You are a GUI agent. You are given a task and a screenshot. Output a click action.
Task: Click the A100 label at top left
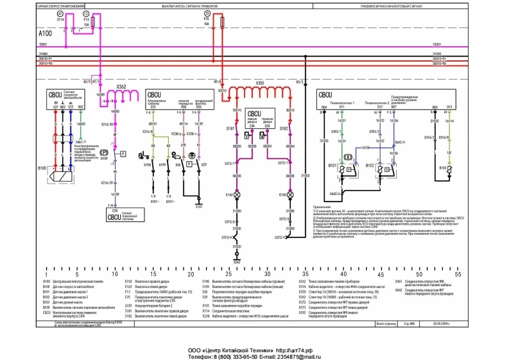click(x=45, y=32)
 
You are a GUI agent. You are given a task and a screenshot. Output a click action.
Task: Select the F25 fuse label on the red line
click(x=207, y=20)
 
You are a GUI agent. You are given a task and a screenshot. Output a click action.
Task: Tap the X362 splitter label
click(x=121, y=85)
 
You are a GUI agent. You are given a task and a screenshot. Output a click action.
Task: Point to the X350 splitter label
click(x=259, y=83)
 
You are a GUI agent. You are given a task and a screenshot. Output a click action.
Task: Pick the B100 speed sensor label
click(x=42, y=169)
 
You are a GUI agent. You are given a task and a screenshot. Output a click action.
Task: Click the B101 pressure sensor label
click(x=333, y=166)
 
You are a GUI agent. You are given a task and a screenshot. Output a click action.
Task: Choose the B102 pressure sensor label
click(x=370, y=166)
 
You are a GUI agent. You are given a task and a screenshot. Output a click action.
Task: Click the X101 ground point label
click(x=198, y=207)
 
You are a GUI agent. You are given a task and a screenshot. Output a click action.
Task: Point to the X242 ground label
click(x=237, y=262)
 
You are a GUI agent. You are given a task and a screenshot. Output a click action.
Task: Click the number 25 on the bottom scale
click(x=192, y=273)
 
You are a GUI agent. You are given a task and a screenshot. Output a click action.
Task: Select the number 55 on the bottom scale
click(x=457, y=273)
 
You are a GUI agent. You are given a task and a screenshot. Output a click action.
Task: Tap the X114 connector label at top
click(x=61, y=20)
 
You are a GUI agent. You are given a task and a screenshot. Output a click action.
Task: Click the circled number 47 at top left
click(x=60, y=13)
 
